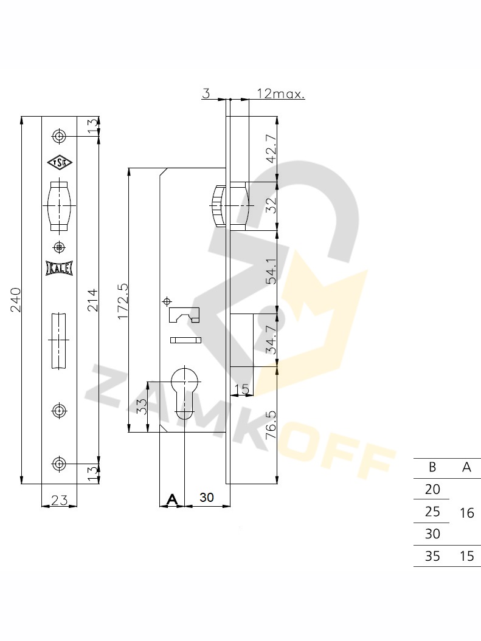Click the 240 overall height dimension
16,300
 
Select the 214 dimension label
92,300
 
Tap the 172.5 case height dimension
123,301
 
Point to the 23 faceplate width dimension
60,499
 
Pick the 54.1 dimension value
272,270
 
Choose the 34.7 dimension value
272,340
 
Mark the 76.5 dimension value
272,425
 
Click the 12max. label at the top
281,94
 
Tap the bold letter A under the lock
173,499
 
